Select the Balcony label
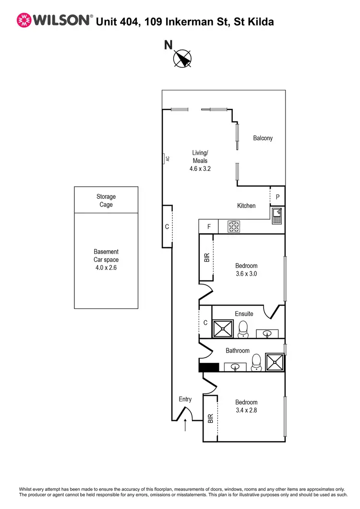263,138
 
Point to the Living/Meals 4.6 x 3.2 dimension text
200,169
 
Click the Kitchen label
246,206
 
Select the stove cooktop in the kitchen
234,227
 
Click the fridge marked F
209,226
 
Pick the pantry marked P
277,196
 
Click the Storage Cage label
106,200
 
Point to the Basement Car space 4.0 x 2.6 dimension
106,268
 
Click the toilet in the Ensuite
243,328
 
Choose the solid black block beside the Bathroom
208,367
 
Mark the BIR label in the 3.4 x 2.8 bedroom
210,418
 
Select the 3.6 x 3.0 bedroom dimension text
246,274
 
